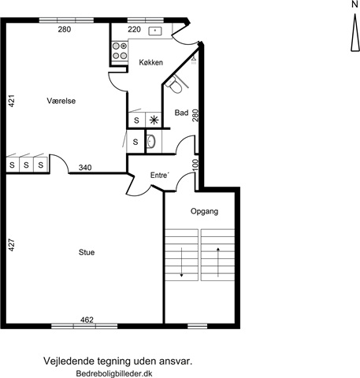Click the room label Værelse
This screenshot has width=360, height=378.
coord(61,101)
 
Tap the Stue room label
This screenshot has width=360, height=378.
coord(87,252)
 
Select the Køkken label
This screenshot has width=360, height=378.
coord(151,62)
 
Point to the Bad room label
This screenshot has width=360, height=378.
coord(182,113)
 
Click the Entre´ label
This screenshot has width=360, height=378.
coord(160,175)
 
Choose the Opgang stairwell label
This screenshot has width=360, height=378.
coord(205,211)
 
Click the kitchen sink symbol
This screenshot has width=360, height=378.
coord(155,31)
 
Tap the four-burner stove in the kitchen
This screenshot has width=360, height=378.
coord(120,51)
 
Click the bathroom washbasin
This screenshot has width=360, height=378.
coord(151,142)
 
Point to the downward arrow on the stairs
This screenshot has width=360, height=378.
coord(181,262)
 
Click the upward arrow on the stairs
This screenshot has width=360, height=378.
coord(218,262)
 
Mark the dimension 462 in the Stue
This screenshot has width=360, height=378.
coord(87,320)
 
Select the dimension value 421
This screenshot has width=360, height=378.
coord(12,101)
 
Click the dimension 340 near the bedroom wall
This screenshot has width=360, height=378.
coord(85,167)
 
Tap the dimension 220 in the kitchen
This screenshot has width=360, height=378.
coord(135,29)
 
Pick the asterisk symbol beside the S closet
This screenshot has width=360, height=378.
coord(154,120)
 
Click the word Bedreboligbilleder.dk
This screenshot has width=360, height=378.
coord(114,373)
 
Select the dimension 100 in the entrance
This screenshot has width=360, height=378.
coord(195,165)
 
